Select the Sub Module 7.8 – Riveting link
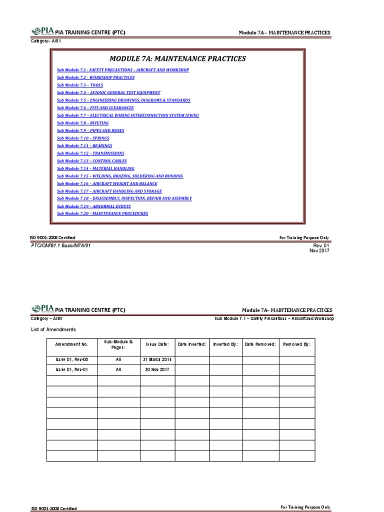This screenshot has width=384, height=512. click(x=83, y=123)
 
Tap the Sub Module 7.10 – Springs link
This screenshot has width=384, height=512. click(x=83, y=138)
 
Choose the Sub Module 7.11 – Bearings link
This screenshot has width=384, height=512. click(x=84, y=145)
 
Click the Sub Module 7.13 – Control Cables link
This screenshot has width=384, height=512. click(x=92, y=161)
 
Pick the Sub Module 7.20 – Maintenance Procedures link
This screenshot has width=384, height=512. click(x=102, y=213)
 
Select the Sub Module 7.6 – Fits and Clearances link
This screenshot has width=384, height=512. click(x=95, y=108)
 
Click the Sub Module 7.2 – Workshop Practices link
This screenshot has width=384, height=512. click(x=95, y=78)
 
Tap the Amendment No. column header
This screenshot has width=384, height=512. click(x=71, y=344)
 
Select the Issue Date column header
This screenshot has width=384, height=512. click(x=157, y=344)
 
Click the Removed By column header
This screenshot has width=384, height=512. click(x=296, y=344)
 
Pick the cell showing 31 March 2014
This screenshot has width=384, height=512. click(x=157, y=359)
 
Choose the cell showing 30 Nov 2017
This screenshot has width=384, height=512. click(x=157, y=370)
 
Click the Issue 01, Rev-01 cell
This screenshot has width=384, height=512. click(x=71, y=370)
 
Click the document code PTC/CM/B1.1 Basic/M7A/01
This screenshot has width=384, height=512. click(x=61, y=245)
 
